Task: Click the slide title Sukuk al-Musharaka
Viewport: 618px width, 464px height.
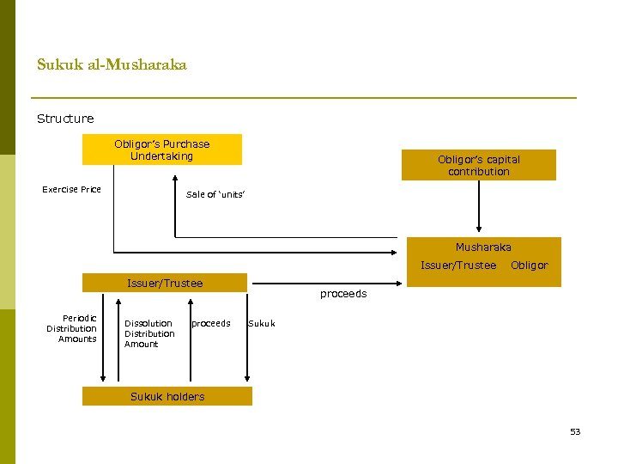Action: (x=112, y=64)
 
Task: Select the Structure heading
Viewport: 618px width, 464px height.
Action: (x=65, y=119)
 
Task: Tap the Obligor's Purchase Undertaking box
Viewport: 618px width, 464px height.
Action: (x=162, y=150)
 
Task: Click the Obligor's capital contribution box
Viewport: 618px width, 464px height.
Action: (x=478, y=165)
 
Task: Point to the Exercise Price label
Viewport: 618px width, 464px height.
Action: (x=72, y=189)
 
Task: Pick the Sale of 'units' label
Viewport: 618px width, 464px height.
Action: (x=215, y=195)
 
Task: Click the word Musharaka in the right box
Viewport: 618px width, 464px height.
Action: (x=483, y=247)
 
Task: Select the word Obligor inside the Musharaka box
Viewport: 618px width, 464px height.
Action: (x=529, y=266)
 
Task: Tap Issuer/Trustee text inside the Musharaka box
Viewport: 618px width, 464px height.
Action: (x=458, y=266)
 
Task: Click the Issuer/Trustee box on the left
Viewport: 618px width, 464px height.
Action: (x=165, y=283)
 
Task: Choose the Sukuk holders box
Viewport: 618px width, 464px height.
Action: (x=167, y=396)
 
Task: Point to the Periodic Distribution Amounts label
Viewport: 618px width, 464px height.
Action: (x=72, y=328)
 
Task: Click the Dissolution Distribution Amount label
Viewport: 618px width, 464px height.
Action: (x=149, y=333)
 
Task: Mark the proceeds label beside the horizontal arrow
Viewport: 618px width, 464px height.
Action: (x=342, y=294)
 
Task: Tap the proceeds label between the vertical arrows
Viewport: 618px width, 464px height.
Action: (x=211, y=324)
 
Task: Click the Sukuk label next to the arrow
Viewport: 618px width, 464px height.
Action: (x=262, y=324)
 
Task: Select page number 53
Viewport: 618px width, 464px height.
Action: (x=575, y=431)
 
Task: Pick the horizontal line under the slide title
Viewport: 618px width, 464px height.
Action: (x=304, y=97)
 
